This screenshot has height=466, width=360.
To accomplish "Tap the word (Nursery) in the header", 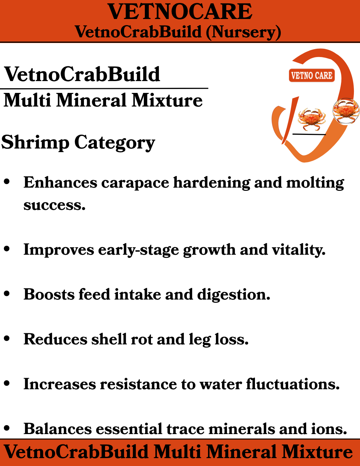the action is pos(243,32).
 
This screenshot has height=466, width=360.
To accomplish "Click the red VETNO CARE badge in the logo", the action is pos(312,75).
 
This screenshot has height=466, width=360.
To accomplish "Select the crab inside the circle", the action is pos(346,111).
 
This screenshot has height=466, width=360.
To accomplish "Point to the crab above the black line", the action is pos(312,119).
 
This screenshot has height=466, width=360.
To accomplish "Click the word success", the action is pos(55,205).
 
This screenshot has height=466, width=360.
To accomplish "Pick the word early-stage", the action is pos(138,250).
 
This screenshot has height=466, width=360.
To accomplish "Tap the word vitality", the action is pos(299,250).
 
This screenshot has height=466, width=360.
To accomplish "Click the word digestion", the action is pos(233,295).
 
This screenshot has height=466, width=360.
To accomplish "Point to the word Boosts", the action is pos(49,294).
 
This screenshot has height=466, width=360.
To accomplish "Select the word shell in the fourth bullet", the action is pos(109,339).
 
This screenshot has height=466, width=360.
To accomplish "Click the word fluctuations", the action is pos(293,384).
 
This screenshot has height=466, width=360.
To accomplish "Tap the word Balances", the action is pos(58,429).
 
